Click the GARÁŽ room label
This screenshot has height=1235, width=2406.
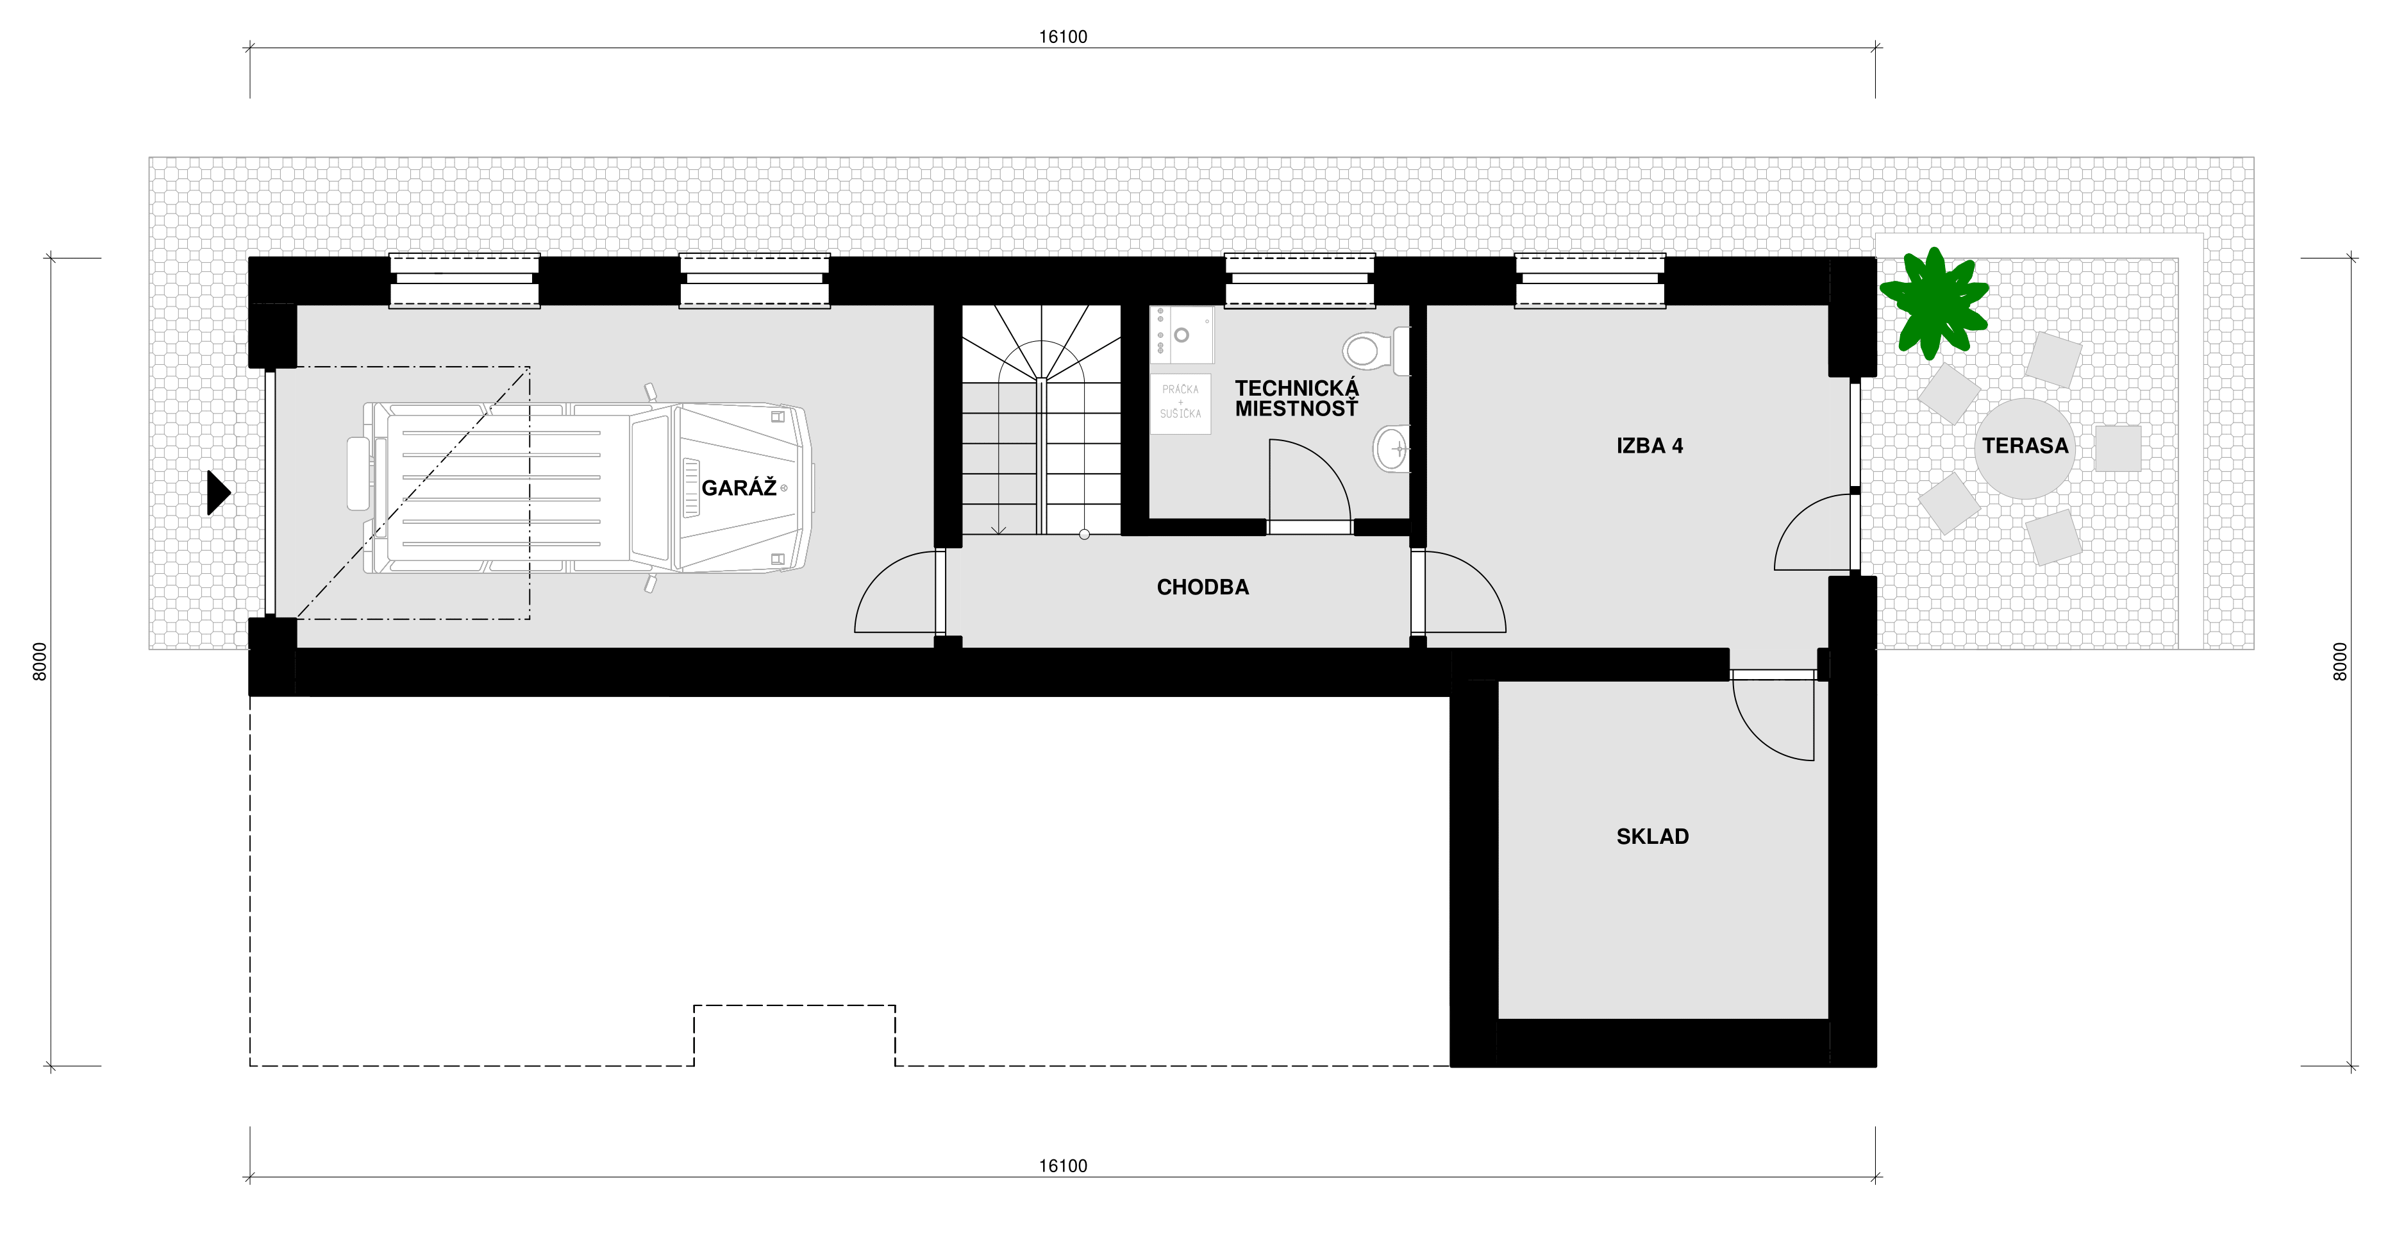[x=739, y=487]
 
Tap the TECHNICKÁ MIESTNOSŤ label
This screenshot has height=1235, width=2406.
[x=1296, y=398]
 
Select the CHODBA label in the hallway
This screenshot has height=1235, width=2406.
[x=1202, y=587]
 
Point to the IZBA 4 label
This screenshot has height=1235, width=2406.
[x=1650, y=446]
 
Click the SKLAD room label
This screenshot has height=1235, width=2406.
[x=1652, y=836]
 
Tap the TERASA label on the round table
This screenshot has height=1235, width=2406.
[x=2025, y=446]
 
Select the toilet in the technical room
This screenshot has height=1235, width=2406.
[x=1376, y=350]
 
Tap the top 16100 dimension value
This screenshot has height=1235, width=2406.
[x=1063, y=37]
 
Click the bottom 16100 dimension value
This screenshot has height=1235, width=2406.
[x=1063, y=1166]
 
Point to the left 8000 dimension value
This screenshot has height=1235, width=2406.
[x=39, y=661]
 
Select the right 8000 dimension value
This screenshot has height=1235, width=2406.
[x=2340, y=661]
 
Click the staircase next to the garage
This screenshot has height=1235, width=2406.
[x=1041, y=419]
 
